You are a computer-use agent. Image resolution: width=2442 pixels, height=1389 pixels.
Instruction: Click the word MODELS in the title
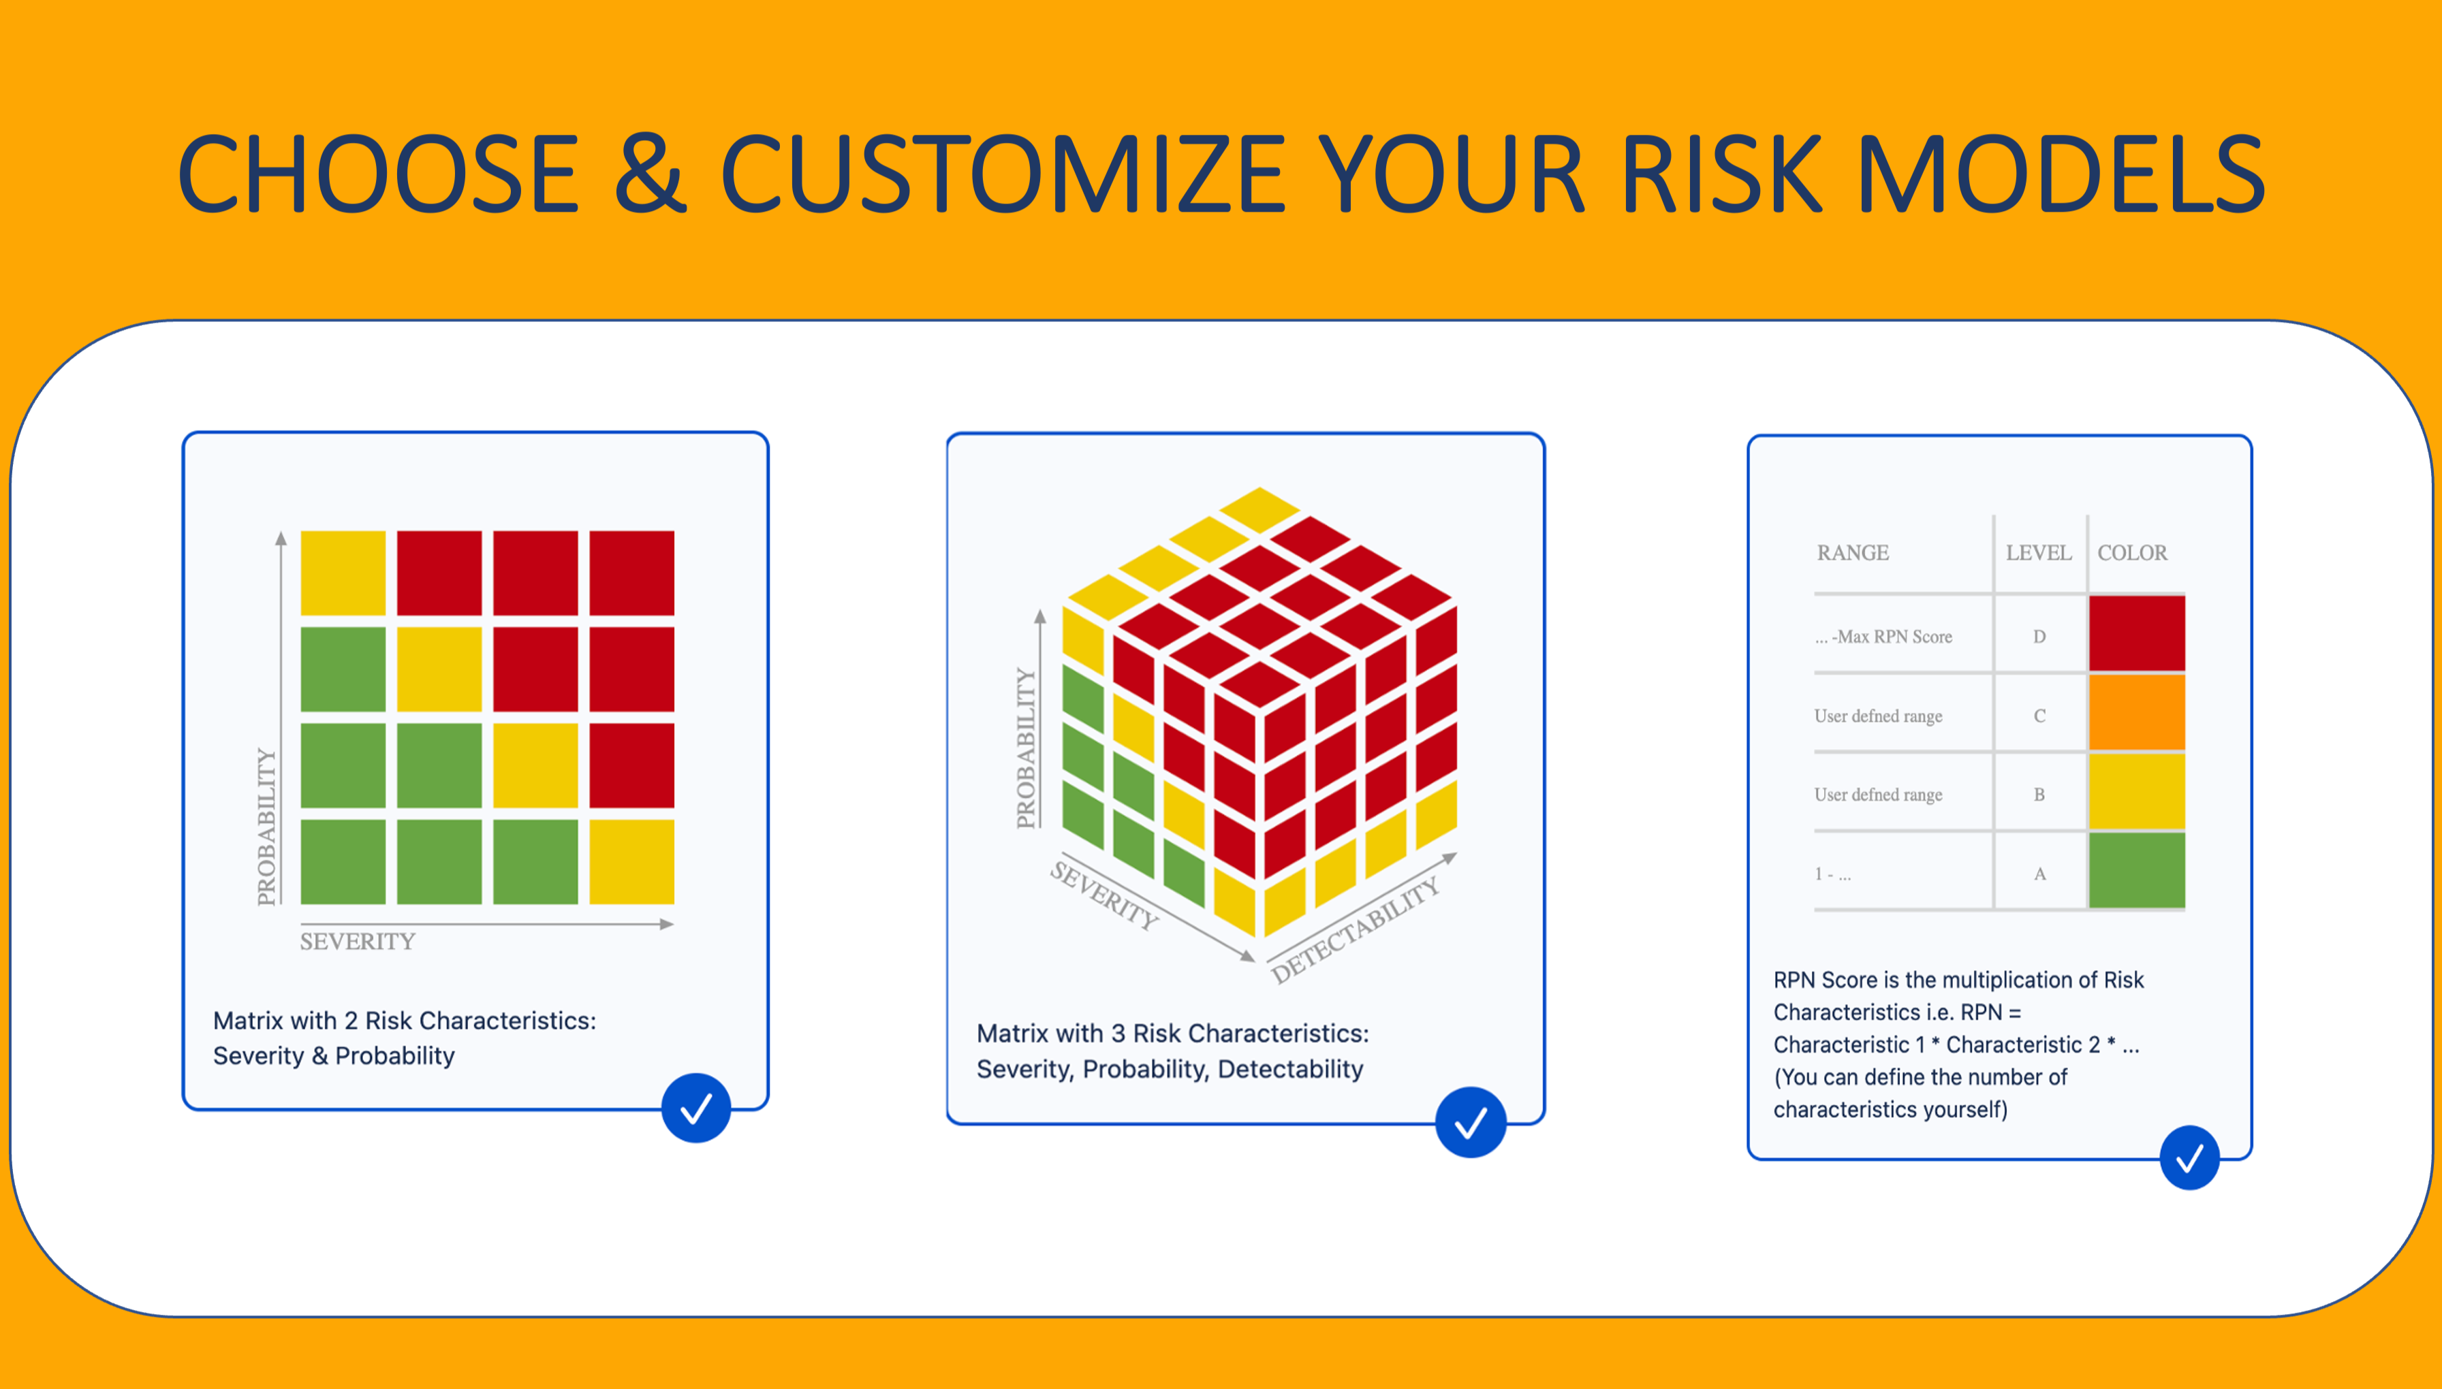[2061, 174]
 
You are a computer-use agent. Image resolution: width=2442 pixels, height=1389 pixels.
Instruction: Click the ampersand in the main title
[650, 174]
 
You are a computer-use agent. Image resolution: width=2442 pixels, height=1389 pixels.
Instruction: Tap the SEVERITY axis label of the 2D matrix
[358, 942]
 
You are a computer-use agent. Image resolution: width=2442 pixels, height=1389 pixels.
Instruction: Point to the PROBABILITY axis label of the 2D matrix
[266, 826]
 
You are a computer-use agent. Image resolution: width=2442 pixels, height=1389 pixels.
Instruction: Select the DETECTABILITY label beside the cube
[1355, 929]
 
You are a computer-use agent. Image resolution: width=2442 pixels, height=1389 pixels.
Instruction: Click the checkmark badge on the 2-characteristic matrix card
[697, 1108]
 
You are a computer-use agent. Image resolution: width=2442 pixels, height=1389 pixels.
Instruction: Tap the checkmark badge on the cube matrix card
[1471, 1122]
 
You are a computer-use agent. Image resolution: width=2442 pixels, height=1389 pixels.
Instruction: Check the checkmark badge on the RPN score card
[2189, 1158]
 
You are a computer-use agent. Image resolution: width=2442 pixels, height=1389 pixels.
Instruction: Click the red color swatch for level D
[2137, 633]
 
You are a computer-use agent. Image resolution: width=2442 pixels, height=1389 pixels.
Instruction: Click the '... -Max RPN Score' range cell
[1883, 637]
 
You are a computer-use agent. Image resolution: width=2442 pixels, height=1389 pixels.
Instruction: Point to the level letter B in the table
[2039, 795]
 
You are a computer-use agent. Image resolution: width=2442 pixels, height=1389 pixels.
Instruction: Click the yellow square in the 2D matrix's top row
[343, 573]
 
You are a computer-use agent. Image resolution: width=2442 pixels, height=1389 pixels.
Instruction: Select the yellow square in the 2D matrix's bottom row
[631, 861]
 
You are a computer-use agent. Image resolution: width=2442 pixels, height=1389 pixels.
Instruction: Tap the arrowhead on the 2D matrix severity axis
[667, 923]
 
